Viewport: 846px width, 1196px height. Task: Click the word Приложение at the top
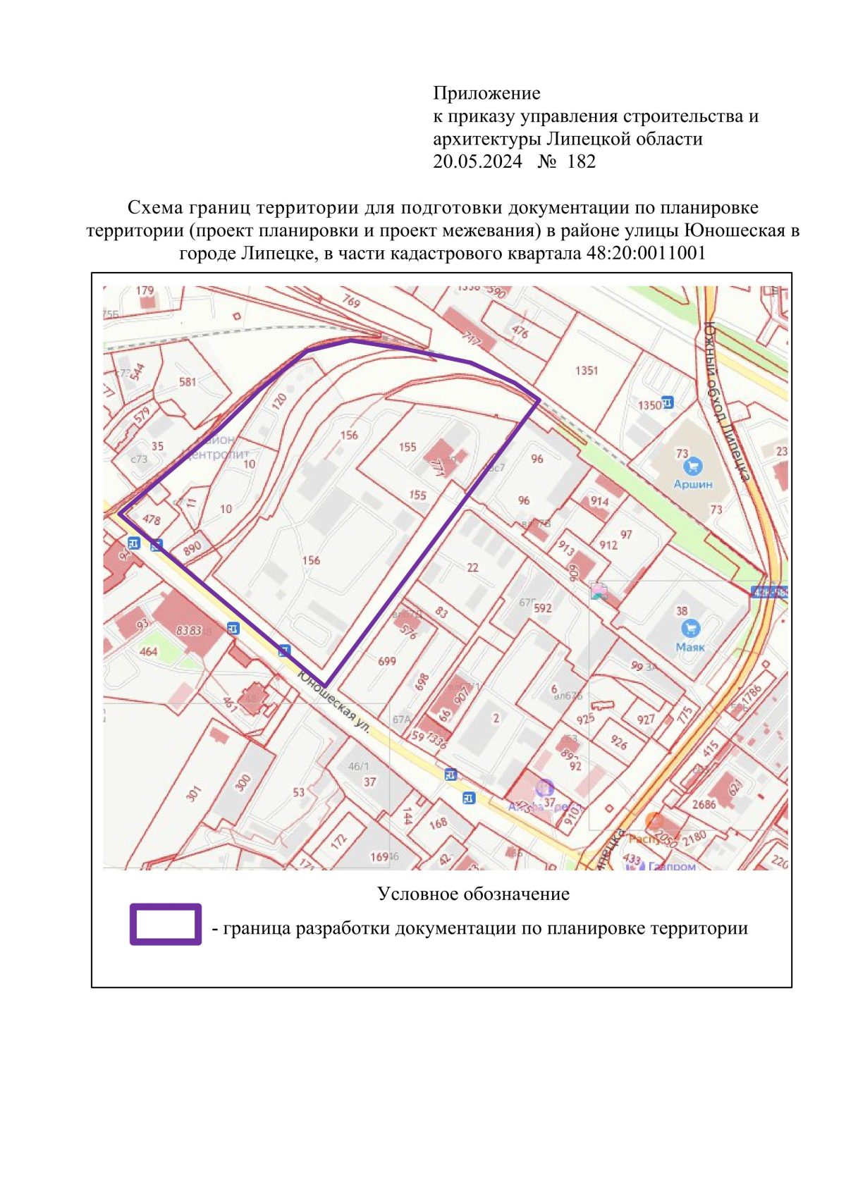coord(486,93)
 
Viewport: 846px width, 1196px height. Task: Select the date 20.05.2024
coord(477,161)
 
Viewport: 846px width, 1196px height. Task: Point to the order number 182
coord(581,161)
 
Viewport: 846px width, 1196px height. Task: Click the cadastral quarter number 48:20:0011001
coord(646,253)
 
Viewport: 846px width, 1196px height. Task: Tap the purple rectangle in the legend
coord(166,924)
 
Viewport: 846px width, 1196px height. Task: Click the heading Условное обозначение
coord(473,894)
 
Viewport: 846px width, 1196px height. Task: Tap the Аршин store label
coord(692,484)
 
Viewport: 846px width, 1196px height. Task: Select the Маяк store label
coord(689,647)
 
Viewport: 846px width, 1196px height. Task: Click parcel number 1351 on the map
coord(586,370)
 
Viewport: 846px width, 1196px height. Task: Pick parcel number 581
coord(188,381)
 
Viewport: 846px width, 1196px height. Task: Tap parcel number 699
coord(387,661)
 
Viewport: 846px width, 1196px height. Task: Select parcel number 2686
coord(704,804)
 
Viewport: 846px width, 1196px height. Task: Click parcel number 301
coord(193,793)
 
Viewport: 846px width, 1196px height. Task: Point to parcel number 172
coord(339,840)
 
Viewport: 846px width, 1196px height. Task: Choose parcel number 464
coord(148,651)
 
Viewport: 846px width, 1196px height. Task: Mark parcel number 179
coord(145,290)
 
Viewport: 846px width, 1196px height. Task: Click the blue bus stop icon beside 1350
coord(668,402)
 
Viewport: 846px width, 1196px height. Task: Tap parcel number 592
coord(543,608)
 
